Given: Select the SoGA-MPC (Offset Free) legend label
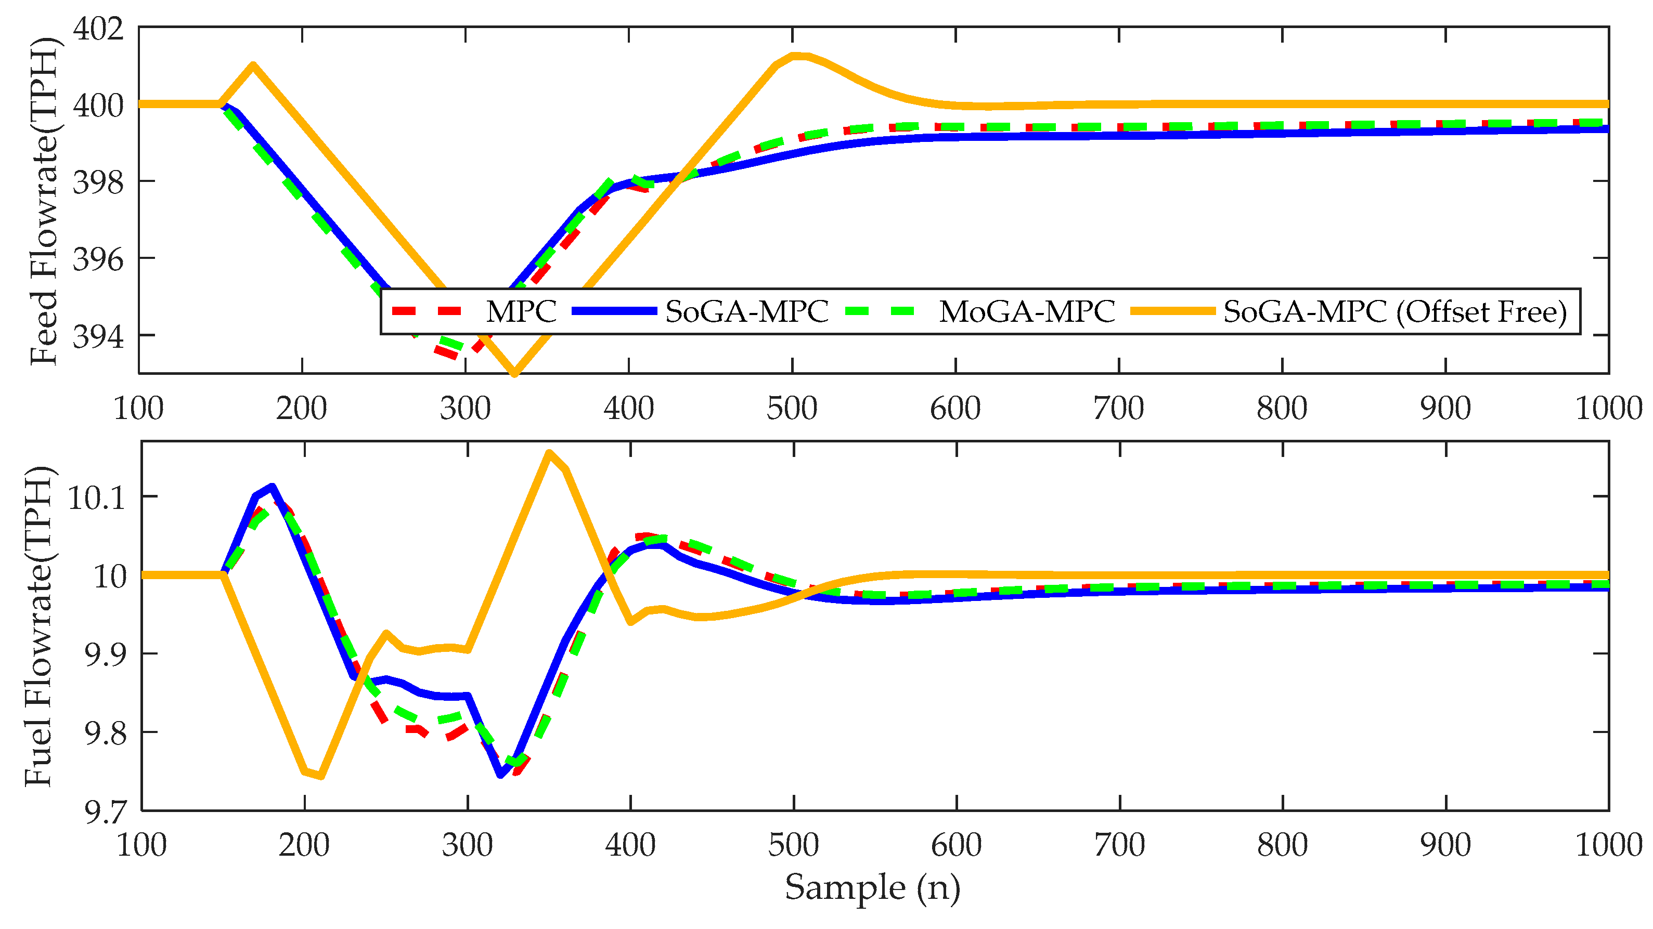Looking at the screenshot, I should click(1395, 312).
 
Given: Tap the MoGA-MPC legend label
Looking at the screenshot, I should click(1027, 312).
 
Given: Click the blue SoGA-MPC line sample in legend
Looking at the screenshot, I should click(614, 311).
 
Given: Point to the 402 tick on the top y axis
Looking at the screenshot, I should click(98, 29).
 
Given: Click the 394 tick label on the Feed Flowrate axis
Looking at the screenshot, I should click(98, 336).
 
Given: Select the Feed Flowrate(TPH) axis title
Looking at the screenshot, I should click(44, 201).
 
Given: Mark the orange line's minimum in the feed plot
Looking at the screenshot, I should click(514, 373).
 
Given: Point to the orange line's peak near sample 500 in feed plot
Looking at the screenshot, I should click(796, 56).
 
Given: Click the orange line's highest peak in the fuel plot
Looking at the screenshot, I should click(549, 453).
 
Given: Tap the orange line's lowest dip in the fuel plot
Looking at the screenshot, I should click(321, 776).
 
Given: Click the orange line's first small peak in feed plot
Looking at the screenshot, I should click(253, 65).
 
